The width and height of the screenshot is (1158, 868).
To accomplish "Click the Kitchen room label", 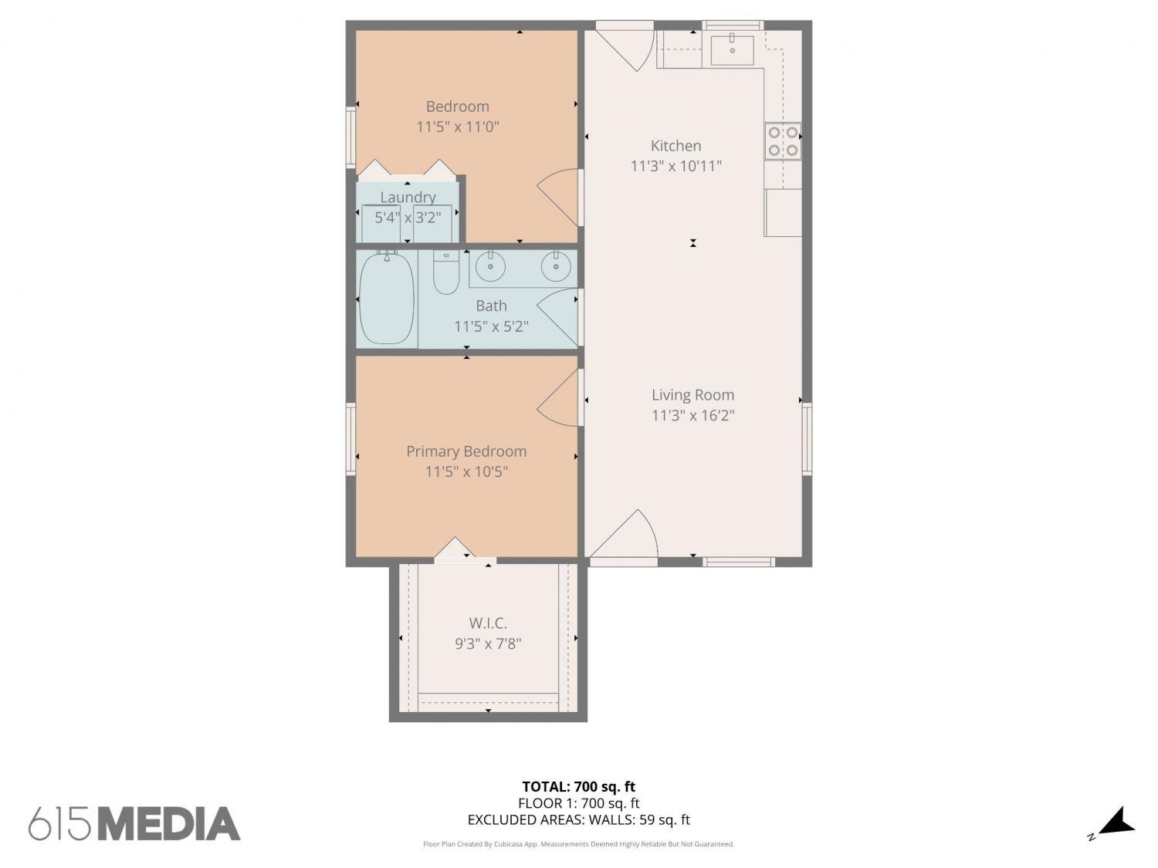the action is point(675,146).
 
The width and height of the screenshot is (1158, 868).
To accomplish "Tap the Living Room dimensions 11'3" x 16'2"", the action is point(692,415).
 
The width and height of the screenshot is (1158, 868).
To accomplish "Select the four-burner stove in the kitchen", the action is point(783,141).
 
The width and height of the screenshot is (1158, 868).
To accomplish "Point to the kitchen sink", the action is point(732,49).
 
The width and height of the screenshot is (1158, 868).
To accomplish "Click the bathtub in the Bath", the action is point(386,299).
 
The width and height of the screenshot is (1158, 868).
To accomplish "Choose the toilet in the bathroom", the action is point(445,272).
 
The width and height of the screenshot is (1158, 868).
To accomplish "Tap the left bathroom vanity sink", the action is point(491,265).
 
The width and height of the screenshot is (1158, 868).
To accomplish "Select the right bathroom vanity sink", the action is point(556,265).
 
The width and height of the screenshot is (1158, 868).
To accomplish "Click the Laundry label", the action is point(408,197).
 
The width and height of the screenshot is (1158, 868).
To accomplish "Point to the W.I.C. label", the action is point(488,623).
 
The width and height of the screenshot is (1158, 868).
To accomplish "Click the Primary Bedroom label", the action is point(466,451).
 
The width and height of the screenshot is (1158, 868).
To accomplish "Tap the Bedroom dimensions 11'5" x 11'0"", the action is point(457,127).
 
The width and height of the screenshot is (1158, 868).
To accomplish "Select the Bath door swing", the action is point(558,317).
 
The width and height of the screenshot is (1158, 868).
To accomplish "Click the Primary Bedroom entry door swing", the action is point(558,398).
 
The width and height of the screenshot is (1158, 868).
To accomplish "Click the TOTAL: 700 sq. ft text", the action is point(579,787).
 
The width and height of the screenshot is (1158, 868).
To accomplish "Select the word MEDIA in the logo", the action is point(171,824).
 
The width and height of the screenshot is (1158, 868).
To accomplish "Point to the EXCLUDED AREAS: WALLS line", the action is point(579,820).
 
